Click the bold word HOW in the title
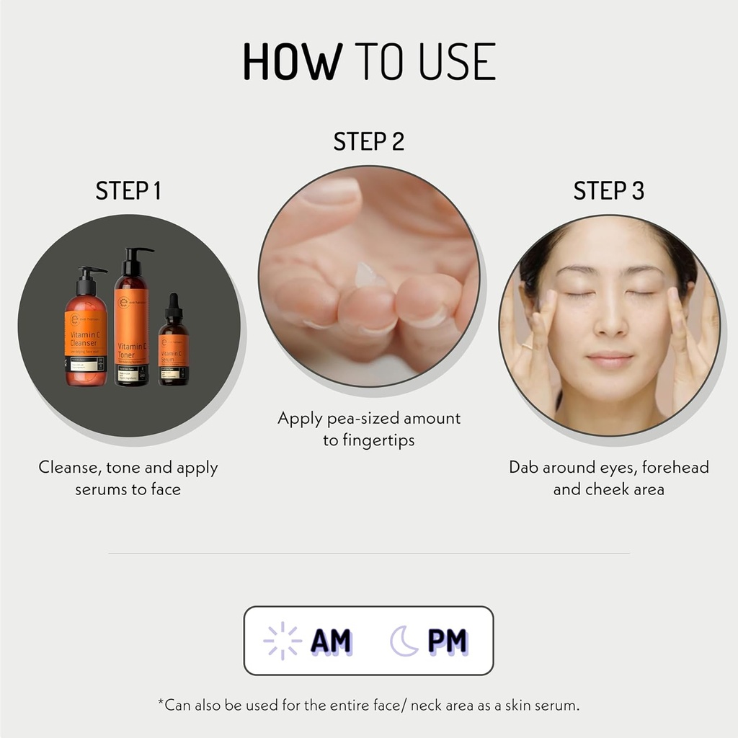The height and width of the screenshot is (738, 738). (x=291, y=63)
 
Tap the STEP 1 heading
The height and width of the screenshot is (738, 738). (x=128, y=191)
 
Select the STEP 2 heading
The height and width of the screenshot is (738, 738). (x=368, y=142)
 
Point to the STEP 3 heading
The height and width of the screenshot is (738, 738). (x=608, y=191)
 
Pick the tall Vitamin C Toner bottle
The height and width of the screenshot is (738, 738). (x=132, y=324)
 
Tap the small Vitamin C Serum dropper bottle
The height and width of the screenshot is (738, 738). (x=173, y=346)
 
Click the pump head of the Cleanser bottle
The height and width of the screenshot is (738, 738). (x=92, y=272)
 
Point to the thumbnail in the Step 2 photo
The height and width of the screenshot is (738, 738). (x=333, y=191)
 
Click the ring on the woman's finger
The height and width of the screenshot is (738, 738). (x=527, y=346)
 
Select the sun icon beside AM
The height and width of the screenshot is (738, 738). (x=282, y=641)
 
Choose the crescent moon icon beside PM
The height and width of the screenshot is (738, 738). (x=404, y=641)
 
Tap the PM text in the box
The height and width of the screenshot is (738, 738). (x=447, y=641)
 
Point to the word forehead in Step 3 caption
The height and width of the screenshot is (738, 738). (x=675, y=467)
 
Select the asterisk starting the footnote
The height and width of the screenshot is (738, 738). (x=161, y=703)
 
